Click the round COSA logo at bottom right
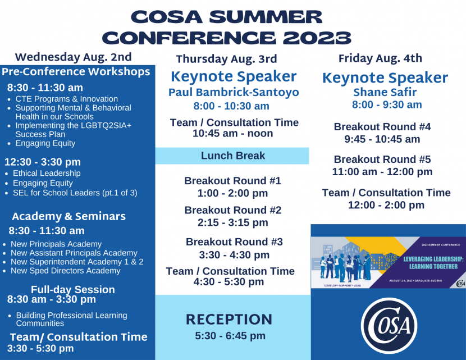click(389, 326)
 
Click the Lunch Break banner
click(232, 156)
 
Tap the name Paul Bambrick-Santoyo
click(234, 93)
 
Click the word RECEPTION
click(229, 320)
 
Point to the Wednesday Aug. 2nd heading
click(73, 57)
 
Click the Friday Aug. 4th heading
click(380, 58)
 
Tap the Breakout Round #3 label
click(234, 242)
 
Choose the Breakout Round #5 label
click(382, 160)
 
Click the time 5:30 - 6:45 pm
click(230, 336)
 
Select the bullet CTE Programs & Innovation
click(66, 99)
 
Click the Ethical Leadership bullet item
click(47, 174)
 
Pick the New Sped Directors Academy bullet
click(65, 271)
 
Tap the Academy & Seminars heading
click(68, 216)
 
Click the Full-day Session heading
click(72, 290)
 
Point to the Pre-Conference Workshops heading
click(76, 72)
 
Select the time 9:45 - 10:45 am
click(382, 139)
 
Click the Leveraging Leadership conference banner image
click(389, 262)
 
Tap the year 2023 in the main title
click(317, 38)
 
